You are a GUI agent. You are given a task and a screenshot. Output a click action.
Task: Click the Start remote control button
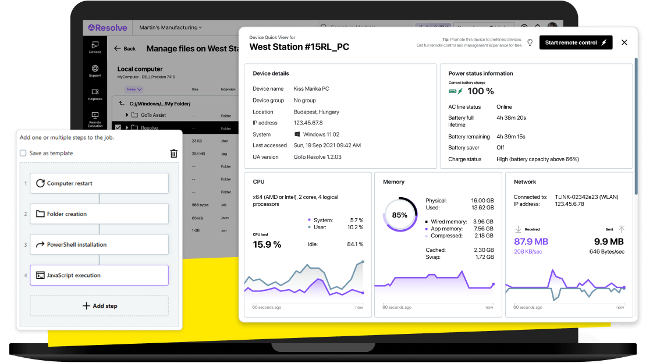point(575,42)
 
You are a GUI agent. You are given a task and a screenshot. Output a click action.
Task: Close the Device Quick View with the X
point(624,42)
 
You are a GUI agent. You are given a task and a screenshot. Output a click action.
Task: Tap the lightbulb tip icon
point(530,42)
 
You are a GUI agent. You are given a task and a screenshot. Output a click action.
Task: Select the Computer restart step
point(99,183)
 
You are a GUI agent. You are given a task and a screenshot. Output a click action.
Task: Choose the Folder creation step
point(99,214)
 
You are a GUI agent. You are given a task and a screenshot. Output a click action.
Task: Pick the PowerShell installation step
point(99,245)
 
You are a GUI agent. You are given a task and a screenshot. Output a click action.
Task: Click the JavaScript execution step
point(99,275)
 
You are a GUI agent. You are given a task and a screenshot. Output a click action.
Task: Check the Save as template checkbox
point(23,154)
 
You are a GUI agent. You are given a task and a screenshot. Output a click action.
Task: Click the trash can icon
point(173,154)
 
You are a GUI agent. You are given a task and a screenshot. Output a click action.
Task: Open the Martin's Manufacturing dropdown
point(171,27)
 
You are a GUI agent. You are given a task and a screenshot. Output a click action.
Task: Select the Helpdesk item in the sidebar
point(95,94)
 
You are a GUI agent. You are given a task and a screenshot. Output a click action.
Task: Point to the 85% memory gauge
point(400,215)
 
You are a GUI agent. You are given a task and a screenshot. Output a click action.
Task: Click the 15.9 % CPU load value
point(267,244)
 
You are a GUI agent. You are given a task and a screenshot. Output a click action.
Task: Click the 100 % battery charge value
point(481,91)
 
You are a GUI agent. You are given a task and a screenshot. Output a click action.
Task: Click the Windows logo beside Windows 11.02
point(297,134)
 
